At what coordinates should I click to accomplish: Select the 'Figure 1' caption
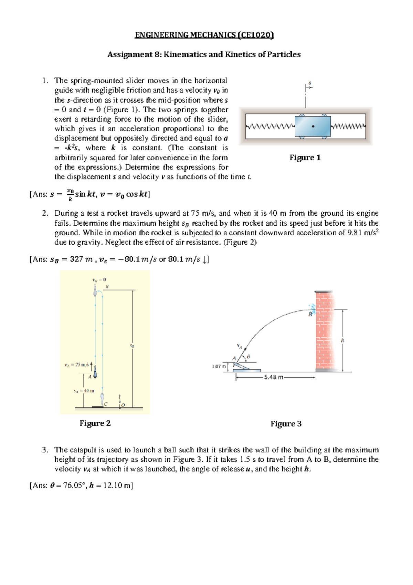[305, 158]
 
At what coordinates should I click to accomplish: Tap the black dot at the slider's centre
[313, 126]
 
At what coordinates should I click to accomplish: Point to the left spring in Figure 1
[271, 126]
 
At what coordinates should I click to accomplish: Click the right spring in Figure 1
[348, 126]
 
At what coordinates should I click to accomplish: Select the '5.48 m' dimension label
[274, 377]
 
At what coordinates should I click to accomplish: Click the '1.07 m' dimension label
[219, 366]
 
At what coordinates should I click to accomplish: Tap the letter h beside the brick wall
[342, 340]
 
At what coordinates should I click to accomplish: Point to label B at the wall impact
[310, 315]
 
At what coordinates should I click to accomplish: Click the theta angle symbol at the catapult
[248, 357]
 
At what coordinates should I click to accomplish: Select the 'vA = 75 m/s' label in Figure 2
[77, 365]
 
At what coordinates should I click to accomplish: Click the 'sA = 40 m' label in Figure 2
[83, 391]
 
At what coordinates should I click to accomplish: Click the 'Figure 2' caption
[95, 423]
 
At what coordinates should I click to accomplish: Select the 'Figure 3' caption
[286, 424]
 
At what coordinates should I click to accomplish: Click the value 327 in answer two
[76, 259]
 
